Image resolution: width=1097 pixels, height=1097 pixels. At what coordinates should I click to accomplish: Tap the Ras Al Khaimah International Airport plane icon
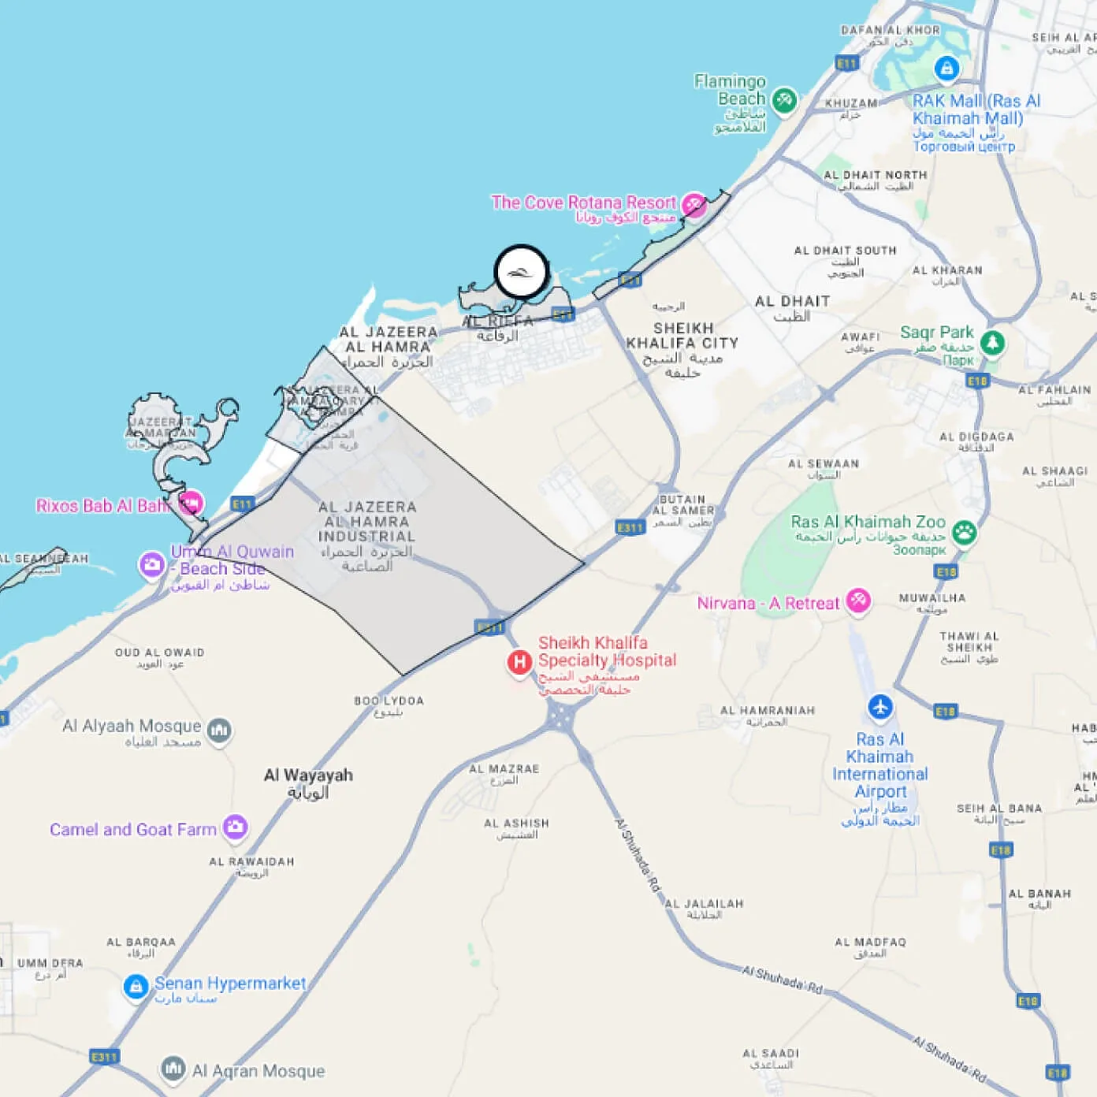(x=880, y=706)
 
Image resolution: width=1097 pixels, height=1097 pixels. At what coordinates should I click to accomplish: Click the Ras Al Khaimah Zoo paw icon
(x=964, y=532)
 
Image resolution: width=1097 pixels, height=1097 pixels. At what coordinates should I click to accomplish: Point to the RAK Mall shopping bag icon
(x=946, y=69)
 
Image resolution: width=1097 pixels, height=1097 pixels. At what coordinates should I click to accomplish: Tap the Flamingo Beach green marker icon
(x=784, y=100)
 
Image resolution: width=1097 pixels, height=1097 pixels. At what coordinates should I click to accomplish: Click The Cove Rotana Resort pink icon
(x=694, y=205)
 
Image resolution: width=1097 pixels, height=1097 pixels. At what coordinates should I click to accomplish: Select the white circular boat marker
(x=521, y=272)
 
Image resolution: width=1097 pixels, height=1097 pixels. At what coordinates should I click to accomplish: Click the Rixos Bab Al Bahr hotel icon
(x=191, y=503)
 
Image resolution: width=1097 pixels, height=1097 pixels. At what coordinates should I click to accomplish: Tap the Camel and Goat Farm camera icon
(x=235, y=827)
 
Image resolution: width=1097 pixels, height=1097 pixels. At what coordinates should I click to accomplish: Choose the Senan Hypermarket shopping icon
(x=136, y=986)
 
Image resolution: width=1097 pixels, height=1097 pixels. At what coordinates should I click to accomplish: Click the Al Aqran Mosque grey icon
(x=173, y=1069)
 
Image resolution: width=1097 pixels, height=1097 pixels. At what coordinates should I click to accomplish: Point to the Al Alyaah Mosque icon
(x=219, y=729)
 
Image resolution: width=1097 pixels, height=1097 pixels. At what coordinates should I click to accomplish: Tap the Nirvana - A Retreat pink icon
(x=857, y=601)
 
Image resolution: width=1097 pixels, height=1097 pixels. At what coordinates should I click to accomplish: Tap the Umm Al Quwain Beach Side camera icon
(x=151, y=564)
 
